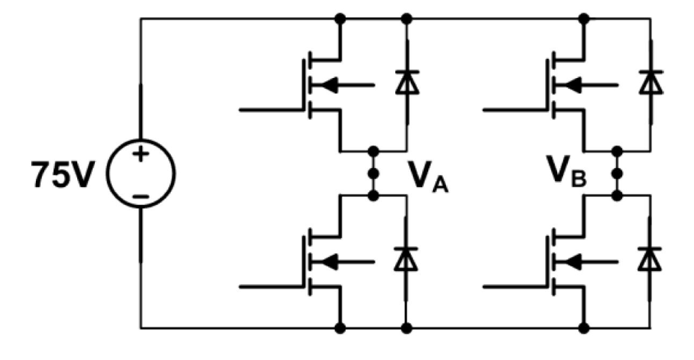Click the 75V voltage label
[59, 175]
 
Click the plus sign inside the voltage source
[140, 154]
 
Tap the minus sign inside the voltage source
[140, 196]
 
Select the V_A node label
[425, 176]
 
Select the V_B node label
[568, 176]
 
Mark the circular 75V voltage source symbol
[141, 174]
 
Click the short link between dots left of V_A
[373, 163]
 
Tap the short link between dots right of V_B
[617, 163]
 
